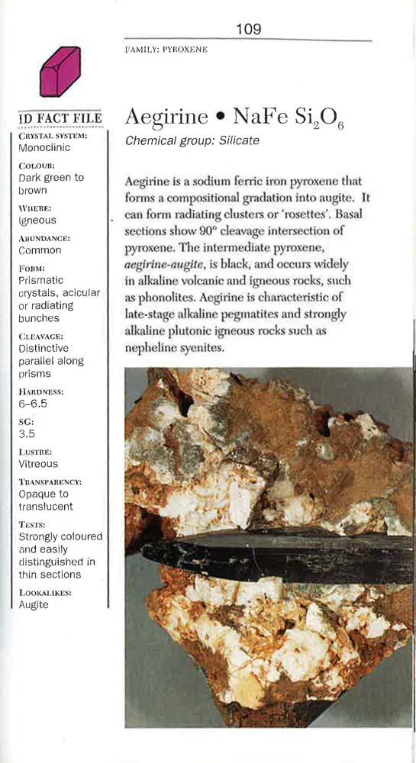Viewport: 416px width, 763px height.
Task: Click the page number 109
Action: tap(248, 29)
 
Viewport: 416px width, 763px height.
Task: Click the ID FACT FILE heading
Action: tap(60, 119)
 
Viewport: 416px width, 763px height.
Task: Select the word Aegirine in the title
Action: tap(166, 117)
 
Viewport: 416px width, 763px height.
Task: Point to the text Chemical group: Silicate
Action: tap(192, 140)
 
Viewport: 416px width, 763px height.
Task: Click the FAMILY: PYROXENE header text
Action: tap(166, 50)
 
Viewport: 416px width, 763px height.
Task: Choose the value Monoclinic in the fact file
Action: tap(44, 147)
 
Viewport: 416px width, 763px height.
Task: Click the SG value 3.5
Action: tap(27, 433)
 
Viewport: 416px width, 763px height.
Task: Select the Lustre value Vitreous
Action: tap(38, 463)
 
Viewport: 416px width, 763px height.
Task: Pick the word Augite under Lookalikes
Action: tap(34, 604)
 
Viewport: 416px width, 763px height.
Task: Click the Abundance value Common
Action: tap(40, 250)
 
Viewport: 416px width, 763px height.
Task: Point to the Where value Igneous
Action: tap(37, 221)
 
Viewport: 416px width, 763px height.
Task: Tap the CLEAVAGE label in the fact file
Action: tap(41, 336)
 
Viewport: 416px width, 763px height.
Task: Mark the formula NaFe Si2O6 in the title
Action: tap(289, 118)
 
